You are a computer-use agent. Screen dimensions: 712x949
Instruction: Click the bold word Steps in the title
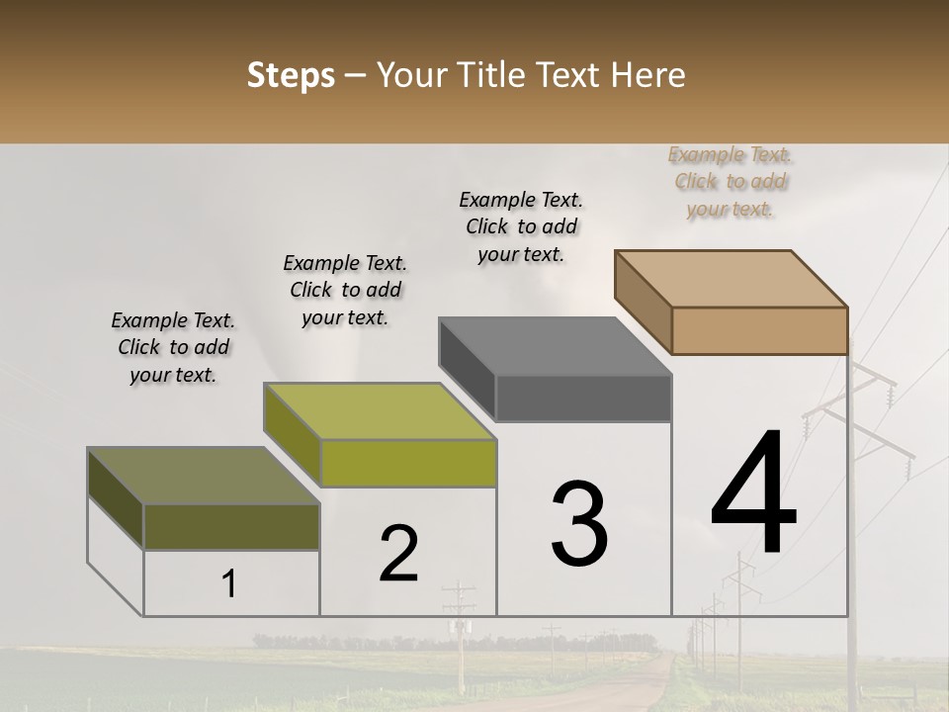point(291,75)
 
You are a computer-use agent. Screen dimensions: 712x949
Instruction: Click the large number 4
point(753,494)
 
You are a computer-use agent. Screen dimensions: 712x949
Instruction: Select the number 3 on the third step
point(579,524)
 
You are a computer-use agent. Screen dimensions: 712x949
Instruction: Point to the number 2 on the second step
point(398,554)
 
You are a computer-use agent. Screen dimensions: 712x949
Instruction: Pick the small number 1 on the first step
point(229,584)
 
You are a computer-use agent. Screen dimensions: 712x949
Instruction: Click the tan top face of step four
point(731,278)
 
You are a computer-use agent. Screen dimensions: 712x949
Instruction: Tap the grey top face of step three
point(555,346)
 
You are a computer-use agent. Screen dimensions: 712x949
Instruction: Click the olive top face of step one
point(204,476)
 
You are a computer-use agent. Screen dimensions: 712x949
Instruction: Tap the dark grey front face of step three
point(583,399)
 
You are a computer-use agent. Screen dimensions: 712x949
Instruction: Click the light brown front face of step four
point(759,330)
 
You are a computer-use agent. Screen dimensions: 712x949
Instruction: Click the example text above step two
point(345,290)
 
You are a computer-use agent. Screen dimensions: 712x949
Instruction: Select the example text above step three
point(521,226)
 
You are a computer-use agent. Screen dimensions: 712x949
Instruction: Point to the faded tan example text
point(731,181)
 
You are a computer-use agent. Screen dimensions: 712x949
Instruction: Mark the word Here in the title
point(650,75)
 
